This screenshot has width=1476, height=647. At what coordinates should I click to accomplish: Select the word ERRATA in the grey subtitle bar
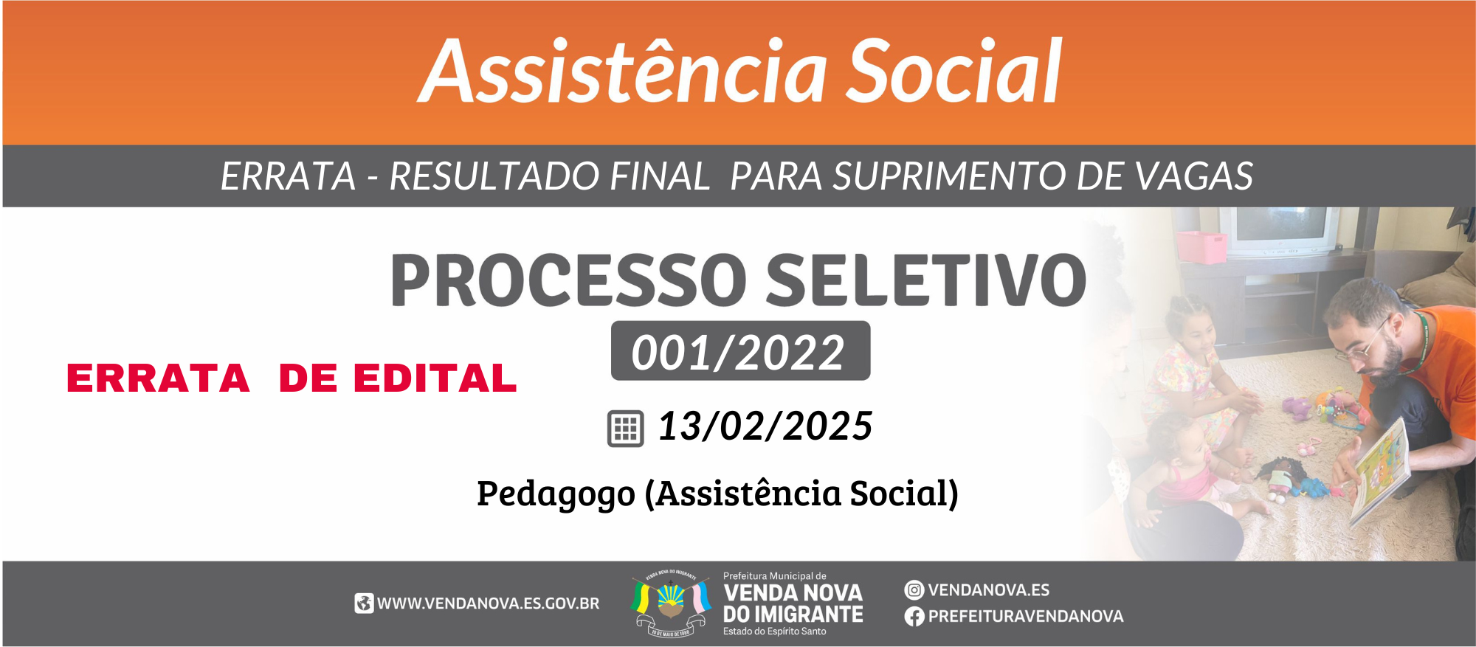(x=289, y=176)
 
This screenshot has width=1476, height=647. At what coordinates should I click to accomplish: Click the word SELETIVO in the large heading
(x=926, y=280)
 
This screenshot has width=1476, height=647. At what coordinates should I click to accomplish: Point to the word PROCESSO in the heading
(x=569, y=280)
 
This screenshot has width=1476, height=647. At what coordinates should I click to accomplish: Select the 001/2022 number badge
(x=740, y=351)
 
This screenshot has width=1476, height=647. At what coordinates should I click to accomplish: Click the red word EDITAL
(x=435, y=378)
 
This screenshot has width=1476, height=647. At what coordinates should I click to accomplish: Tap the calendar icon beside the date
(x=625, y=429)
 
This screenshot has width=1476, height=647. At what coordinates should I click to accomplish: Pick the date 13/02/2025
(x=765, y=426)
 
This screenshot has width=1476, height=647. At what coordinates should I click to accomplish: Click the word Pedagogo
(x=556, y=494)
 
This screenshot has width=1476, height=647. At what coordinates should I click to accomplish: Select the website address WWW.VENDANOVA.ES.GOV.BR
(x=489, y=603)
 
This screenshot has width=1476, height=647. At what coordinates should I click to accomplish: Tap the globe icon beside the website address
(x=364, y=603)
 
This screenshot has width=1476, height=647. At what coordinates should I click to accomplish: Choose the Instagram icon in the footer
(x=914, y=590)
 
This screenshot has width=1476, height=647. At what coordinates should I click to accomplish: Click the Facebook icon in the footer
(x=914, y=617)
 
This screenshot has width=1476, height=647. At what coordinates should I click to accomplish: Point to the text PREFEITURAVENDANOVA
(x=1026, y=617)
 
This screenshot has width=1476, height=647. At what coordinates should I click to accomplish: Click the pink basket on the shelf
(x=1201, y=246)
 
